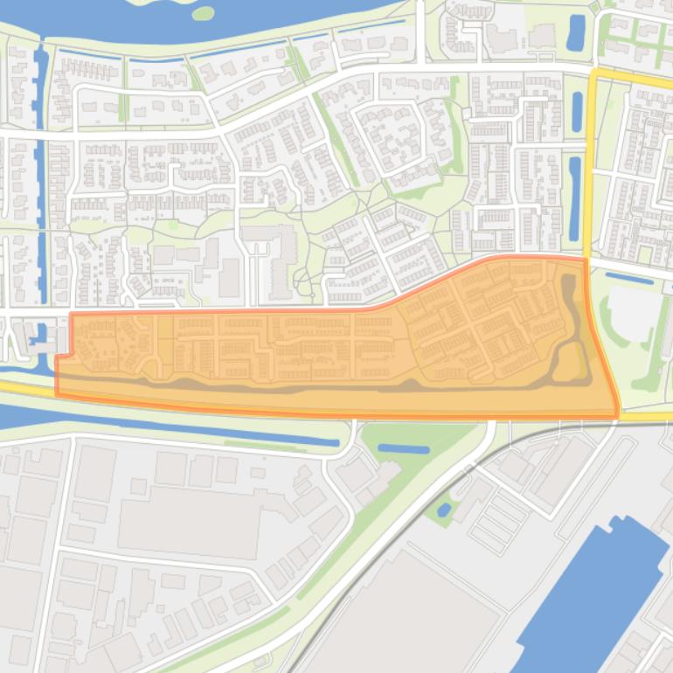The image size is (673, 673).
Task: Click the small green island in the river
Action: pos(202,13)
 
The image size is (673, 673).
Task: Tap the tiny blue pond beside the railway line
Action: pos(444,509)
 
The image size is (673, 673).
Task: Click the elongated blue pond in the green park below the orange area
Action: pos(404,449)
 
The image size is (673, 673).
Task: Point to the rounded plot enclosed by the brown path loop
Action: pos(569,361)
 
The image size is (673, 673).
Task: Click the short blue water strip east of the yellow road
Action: pos(628,278)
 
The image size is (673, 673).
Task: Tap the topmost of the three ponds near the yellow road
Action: pos(576,32)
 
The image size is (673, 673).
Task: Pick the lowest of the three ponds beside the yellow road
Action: pos(574,198)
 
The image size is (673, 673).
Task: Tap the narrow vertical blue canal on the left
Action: pos(39,175)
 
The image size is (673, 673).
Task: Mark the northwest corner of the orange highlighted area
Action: pos(71,314)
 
